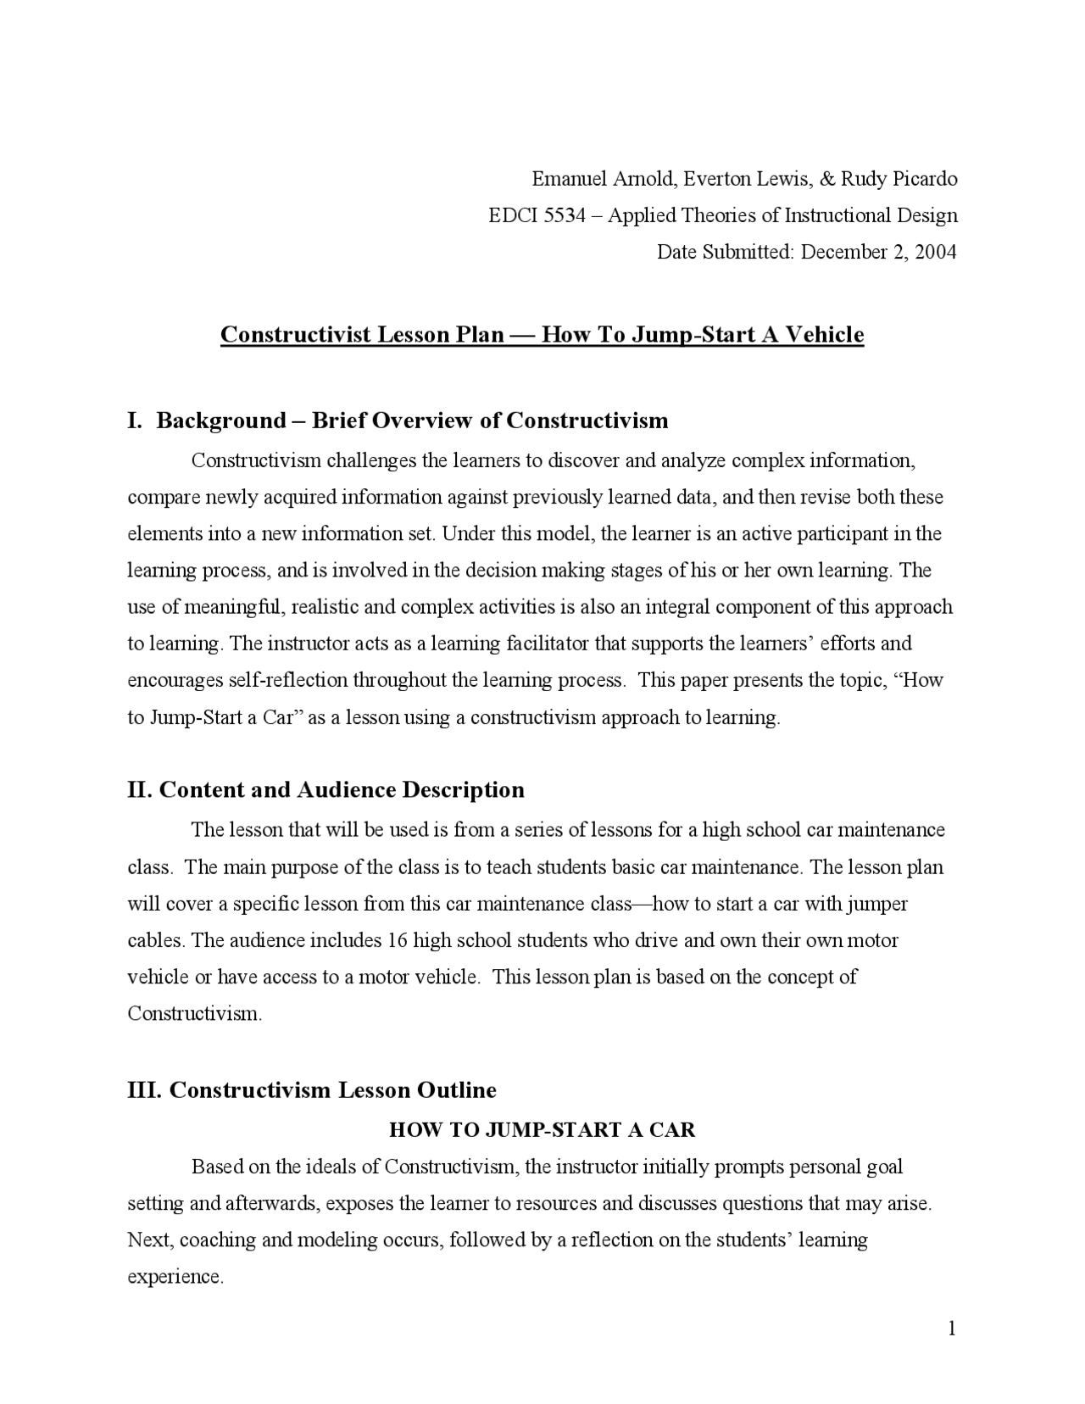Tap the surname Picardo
[923, 179]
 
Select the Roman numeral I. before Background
[134, 421]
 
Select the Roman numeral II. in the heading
[140, 790]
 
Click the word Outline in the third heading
[459, 1090]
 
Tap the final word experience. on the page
[175, 1278]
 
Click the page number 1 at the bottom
[952, 1329]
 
